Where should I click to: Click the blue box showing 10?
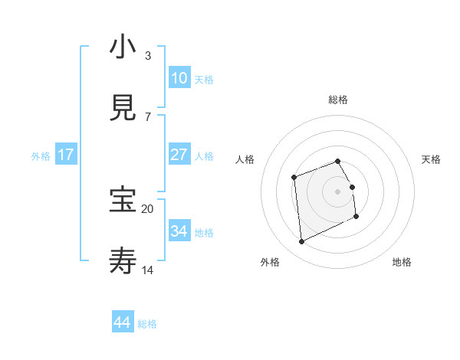pos(179,78)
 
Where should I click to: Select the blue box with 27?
pos(179,155)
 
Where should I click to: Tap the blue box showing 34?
pos(179,231)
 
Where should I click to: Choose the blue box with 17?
pos(66,155)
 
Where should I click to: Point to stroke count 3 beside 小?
pos(147,56)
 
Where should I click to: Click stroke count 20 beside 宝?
pos(147,208)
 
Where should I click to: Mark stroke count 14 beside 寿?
pos(147,270)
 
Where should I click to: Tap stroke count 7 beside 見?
pos(147,117)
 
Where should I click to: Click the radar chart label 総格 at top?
pos(338,100)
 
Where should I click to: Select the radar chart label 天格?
pos(431,159)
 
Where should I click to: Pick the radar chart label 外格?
pos(270,262)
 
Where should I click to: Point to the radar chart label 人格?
pos(245,159)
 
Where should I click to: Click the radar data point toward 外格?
pos(301,241)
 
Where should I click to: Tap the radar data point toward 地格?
pos(356,217)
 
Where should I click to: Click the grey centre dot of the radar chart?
pos(338,191)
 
